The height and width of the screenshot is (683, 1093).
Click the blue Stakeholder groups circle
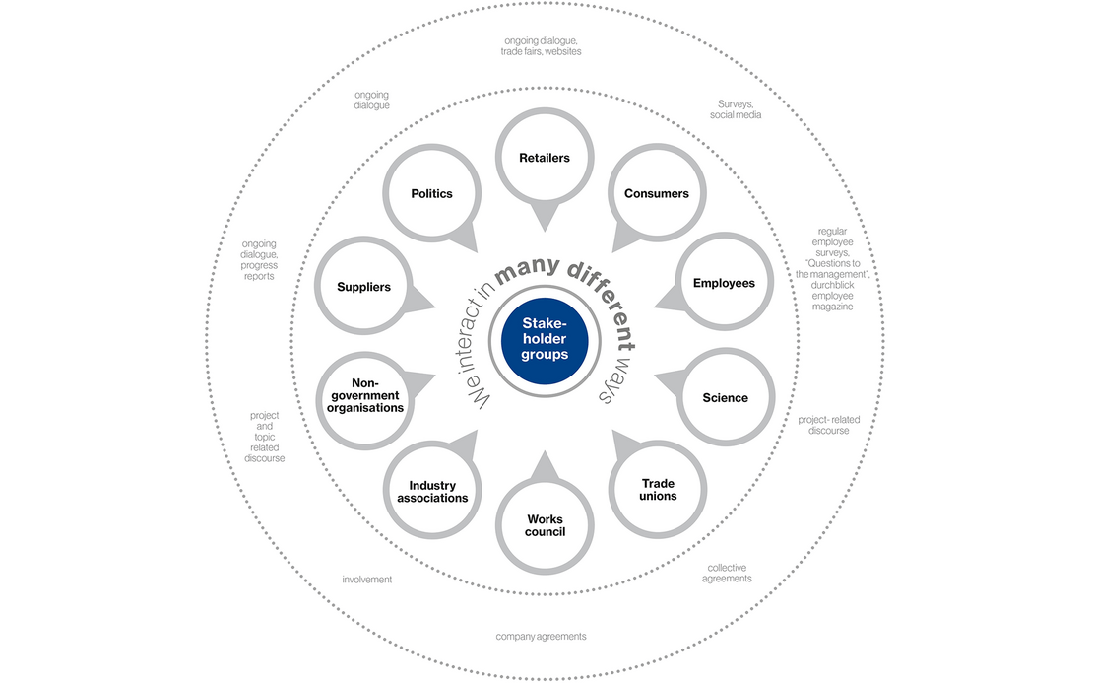point(545,340)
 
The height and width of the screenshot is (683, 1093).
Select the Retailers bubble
point(545,158)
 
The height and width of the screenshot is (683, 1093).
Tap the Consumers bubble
point(657,193)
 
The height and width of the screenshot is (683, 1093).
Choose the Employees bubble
point(724,282)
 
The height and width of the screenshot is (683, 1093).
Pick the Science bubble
point(725,397)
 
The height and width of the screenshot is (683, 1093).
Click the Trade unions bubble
point(658,489)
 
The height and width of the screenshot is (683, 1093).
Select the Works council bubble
point(545,524)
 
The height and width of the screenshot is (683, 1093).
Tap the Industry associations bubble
point(432,491)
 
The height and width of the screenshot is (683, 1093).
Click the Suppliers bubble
point(364,286)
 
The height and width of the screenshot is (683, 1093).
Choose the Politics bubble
point(432,193)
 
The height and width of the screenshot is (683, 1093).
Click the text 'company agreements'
point(541,637)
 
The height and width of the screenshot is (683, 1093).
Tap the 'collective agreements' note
point(727,573)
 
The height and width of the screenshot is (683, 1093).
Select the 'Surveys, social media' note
point(736,109)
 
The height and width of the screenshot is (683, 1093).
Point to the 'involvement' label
point(366,580)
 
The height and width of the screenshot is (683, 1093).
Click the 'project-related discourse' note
point(829,425)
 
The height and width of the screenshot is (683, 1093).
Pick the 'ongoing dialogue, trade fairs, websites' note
point(541,46)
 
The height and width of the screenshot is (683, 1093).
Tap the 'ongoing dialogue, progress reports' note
point(259,260)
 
